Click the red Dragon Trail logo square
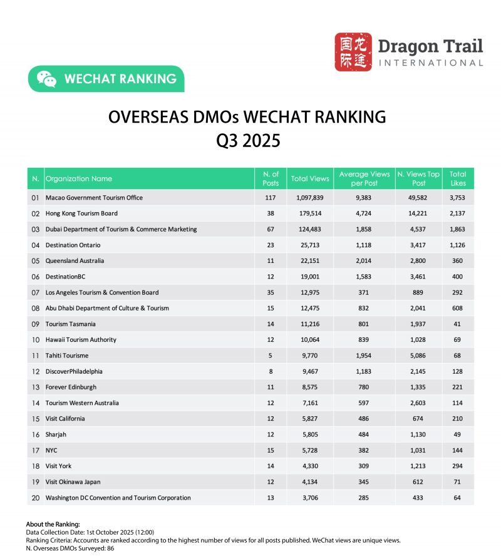pos(353,52)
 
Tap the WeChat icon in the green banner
pos(46,79)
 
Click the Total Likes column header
pos(458,178)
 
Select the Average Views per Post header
pos(364,178)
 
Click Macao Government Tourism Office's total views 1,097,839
pos(310,198)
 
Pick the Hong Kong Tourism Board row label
pos(81,213)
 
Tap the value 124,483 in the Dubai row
pos(310,229)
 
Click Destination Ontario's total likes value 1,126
pos(458,245)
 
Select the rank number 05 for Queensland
pos(35,260)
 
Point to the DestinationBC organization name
pos(67,277)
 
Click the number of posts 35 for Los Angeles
pos(271,292)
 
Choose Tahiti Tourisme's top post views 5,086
pos(419,356)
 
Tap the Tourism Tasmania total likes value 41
pos(458,324)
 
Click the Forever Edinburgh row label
pos(71,387)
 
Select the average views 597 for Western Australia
pos(364,403)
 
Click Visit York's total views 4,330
pos(310,466)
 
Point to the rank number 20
pos(35,498)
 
